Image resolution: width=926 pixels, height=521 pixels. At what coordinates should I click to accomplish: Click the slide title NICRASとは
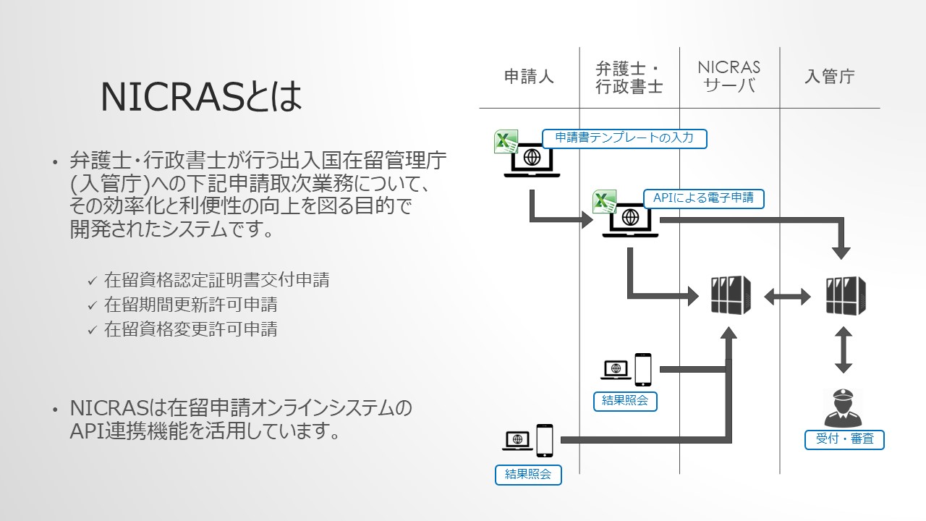pyautogui.click(x=201, y=97)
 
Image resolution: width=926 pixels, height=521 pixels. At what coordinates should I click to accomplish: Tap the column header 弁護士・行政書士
pyautogui.click(x=629, y=77)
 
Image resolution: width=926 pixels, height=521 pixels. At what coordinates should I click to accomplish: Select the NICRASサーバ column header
pyautogui.click(x=729, y=77)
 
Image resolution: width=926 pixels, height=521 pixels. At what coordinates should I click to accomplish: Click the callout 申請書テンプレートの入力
pyautogui.click(x=624, y=137)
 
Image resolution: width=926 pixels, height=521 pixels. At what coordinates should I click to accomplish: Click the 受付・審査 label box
pyautogui.click(x=844, y=439)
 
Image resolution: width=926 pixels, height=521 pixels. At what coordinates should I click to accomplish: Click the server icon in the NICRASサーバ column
pyautogui.click(x=730, y=295)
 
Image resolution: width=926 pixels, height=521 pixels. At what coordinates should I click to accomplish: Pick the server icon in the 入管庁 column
pyautogui.click(x=846, y=295)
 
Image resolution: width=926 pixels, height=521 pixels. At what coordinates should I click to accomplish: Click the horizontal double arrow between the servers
pyautogui.click(x=788, y=295)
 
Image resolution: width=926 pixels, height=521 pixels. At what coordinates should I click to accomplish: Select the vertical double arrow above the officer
pyautogui.click(x=842, y=350)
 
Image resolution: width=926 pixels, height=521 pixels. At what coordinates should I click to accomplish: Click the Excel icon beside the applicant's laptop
pyautogui.click(x=505, y=143)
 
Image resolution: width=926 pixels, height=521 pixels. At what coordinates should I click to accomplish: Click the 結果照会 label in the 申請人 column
pyautogui.click(x=528, y=475)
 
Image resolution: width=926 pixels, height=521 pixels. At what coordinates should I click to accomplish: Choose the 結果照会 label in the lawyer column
pyautogui.click(x=624, y=401)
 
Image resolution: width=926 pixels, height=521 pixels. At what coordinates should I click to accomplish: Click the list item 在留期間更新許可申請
pyautogui.click(x=191, y=305)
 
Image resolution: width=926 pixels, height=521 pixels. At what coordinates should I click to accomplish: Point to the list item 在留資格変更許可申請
pyautogui.click(x=191, y=329)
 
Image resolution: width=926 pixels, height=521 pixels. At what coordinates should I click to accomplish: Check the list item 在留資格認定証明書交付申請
pyautogui.click(x=217, y=280)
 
